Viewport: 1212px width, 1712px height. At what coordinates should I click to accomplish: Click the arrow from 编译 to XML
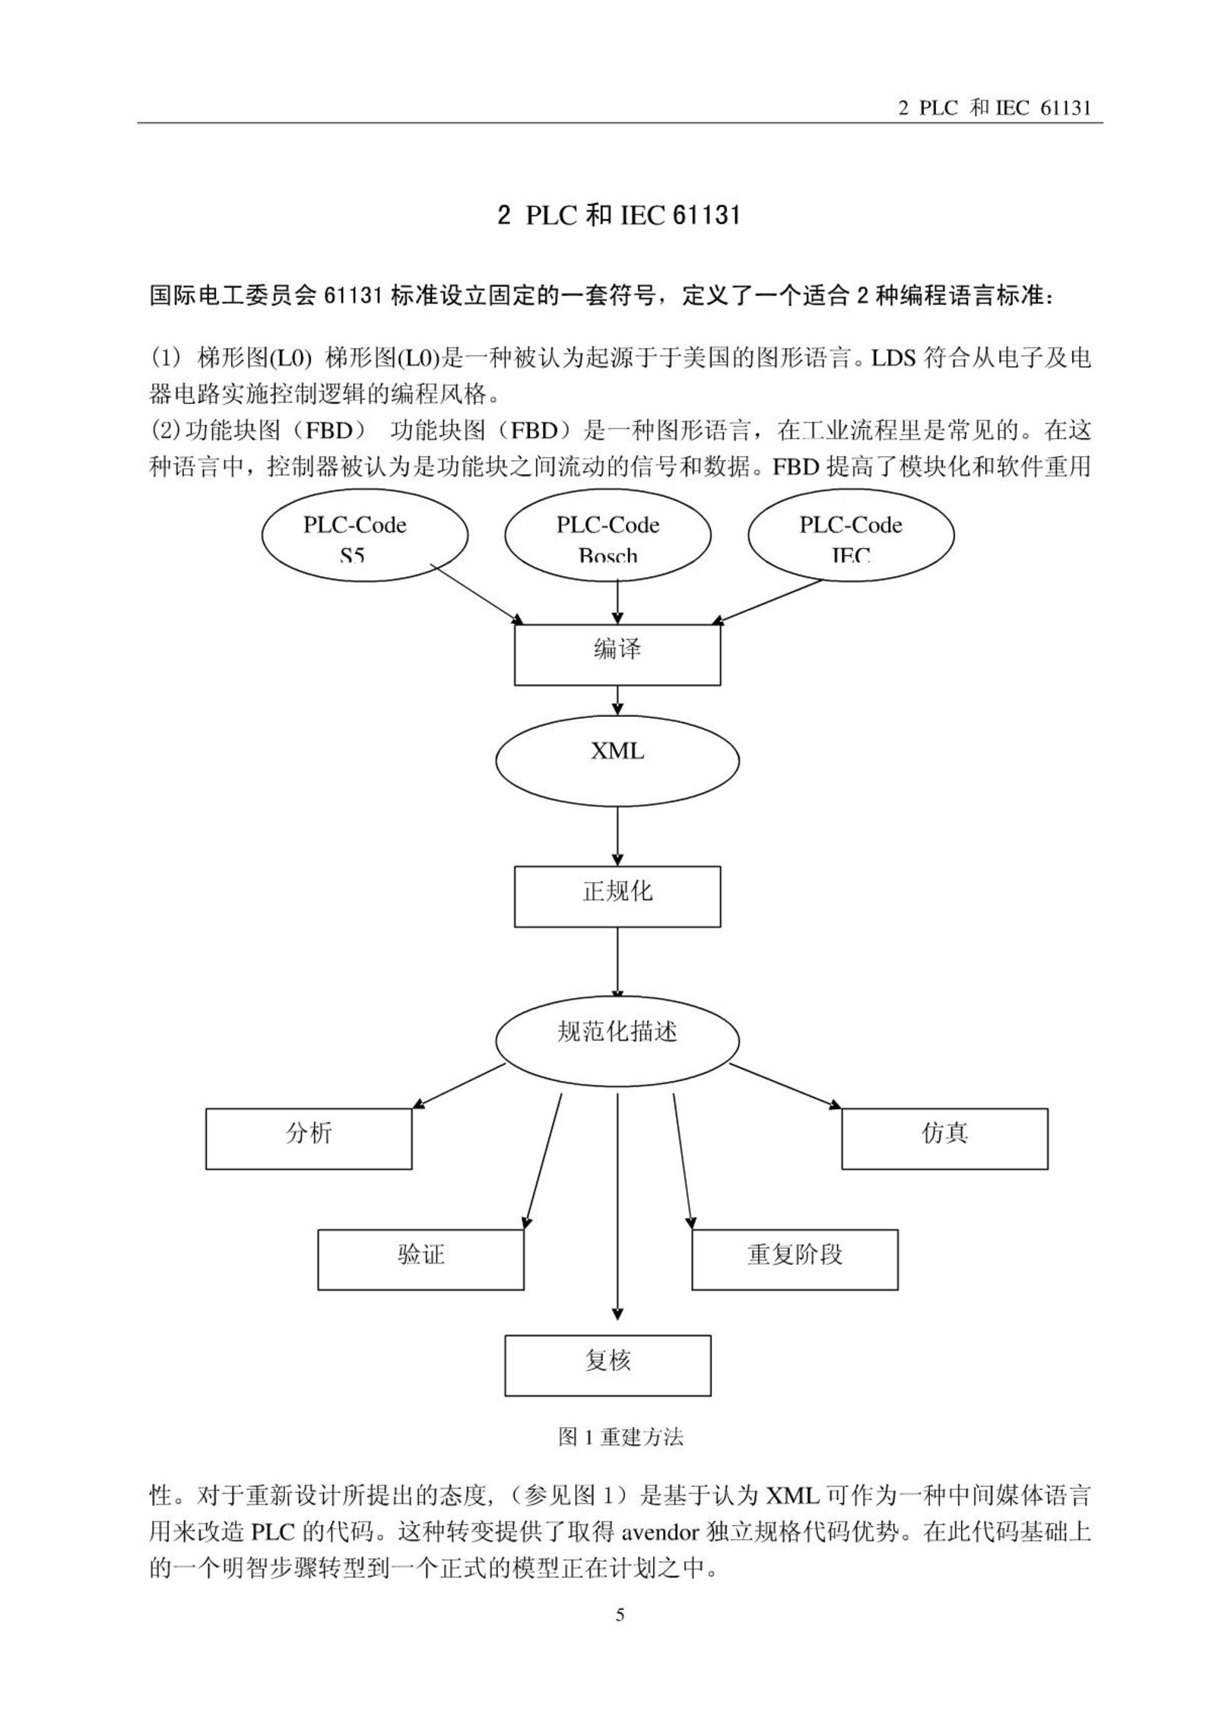(617, 700)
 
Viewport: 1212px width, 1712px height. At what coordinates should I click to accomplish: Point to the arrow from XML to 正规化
(617, 836)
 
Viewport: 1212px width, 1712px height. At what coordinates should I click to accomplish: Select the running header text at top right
(995, 108)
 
